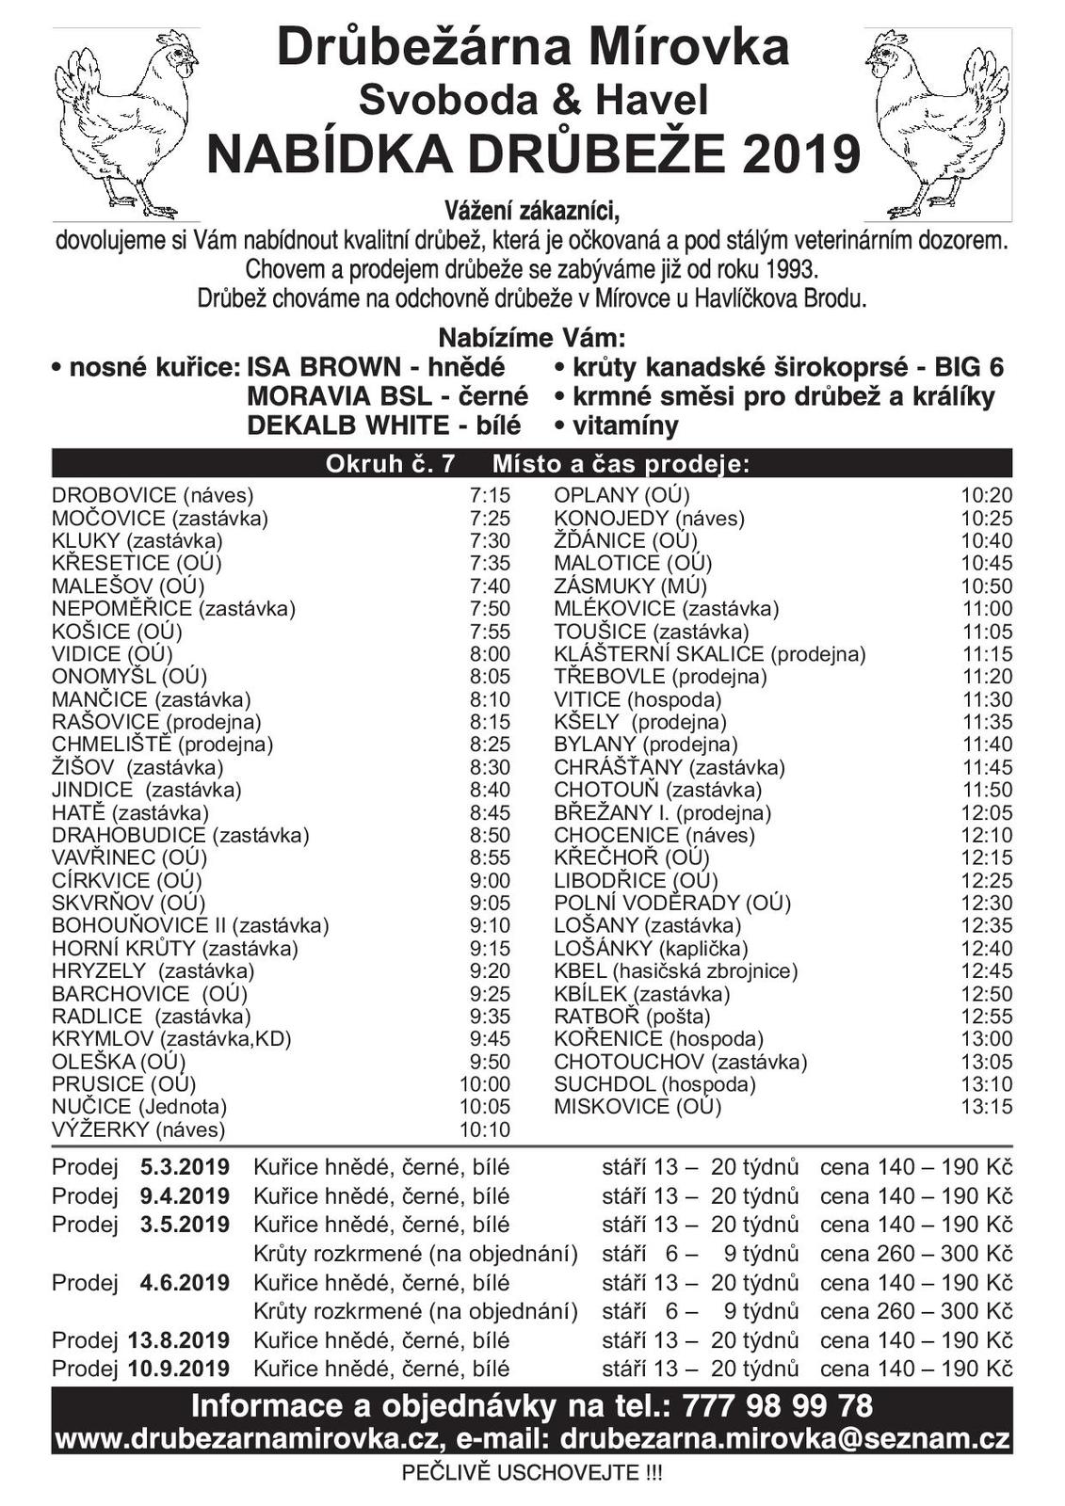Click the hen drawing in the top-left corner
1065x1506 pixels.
point(126,122)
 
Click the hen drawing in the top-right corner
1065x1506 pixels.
point(938,122)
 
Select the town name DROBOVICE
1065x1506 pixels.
point(114,495)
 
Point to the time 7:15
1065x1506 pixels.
point(490,495)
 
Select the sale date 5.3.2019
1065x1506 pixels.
point(185,1167)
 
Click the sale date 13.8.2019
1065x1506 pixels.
point(179,1339)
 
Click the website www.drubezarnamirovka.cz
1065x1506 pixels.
point(250,1439)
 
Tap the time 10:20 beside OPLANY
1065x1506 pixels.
point(987,495)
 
